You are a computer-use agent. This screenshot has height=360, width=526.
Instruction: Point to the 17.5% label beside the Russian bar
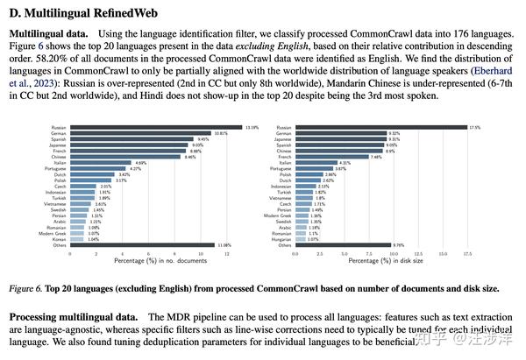(475, 128)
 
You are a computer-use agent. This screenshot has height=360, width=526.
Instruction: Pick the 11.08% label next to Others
(224, 245)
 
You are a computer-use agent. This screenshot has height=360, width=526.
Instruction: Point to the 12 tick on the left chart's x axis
(227, 254)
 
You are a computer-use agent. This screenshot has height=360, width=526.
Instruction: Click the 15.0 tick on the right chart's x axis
(443, 254)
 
